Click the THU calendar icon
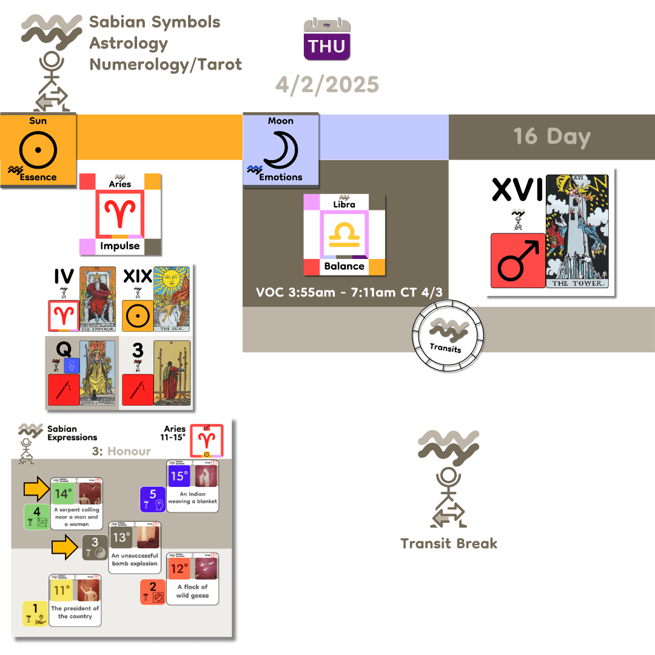[327, 40]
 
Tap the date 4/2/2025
[327, 84]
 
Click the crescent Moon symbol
[280, 149]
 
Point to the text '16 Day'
[552, 136]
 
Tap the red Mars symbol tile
[517, 260]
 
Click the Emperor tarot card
[98, 299]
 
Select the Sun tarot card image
[172, 299]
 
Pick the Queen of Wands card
[98, 372]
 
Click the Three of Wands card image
[172, 372]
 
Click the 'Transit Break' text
[449, 543]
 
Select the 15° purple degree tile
[179, 476]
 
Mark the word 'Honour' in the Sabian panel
[130, 451]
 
